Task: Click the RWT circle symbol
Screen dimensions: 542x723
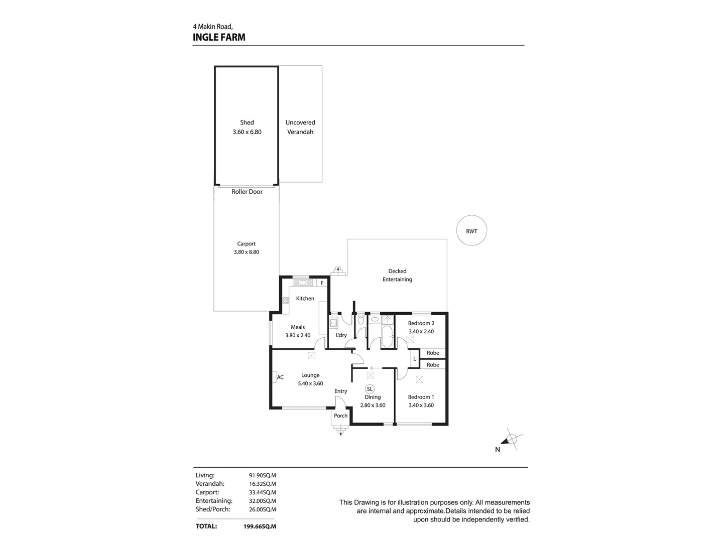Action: [x=471, y=231]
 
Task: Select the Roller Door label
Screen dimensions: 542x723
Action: [x=247, y=192]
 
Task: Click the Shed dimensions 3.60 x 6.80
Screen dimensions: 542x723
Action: [x=247, y=132]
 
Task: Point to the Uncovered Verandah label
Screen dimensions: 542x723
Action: [x=300, y=127]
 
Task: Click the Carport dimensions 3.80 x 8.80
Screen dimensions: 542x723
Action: [x=247, y=252]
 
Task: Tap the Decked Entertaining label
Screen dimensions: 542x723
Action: [x=397, y=275]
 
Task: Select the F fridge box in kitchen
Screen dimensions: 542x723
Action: [x=322, y=283]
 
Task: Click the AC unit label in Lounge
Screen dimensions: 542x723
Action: [x=280, y=377]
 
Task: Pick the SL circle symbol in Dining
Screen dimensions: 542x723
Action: [x=370, y=389]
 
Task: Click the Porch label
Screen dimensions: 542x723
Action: [x=341, y=416]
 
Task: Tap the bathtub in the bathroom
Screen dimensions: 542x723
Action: [x=387, y=337]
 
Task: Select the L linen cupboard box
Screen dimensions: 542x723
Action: [x=414, y=359]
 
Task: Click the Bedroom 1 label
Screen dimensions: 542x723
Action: [x=421, y=397]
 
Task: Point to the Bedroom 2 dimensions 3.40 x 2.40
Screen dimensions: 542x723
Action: [x=421, y=331]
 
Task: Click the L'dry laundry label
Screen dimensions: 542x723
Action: [x=341, y=335]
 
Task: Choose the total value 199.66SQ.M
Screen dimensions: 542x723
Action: [x=256, y=526]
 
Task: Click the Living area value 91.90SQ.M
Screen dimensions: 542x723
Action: [x=262, y=475]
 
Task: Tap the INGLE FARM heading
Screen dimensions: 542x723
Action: [x=219, y=37]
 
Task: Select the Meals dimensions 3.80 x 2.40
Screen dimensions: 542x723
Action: [x=298, y=335]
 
